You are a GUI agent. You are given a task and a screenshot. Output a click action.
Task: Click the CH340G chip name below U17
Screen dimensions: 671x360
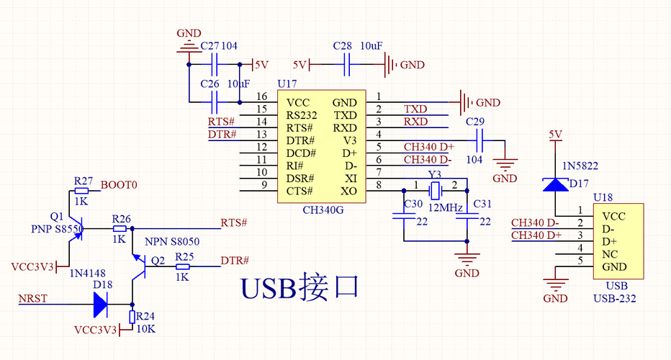[x=323, y=210]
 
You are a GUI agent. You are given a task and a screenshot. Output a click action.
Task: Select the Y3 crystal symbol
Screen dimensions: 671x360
[x=435, y=191]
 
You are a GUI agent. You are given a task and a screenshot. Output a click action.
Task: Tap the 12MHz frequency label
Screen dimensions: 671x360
[x=446, y=208]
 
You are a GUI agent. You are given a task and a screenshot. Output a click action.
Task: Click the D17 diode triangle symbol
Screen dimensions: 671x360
[x=556, y=184]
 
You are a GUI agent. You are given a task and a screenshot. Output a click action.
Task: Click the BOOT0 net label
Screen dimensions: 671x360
[x=119, y=185]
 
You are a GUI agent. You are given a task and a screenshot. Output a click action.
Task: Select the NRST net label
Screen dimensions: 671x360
[x=33, y=298]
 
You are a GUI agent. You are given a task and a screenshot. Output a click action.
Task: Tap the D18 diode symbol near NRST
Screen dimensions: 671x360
[x=100, y=305]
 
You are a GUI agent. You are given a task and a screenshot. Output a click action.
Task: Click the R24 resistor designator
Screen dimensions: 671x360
[x=145, y=316]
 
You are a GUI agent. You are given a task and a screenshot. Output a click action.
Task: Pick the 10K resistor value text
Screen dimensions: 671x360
[x=145, y=329]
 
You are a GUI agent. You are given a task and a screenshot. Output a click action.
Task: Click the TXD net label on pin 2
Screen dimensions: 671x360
[x=415, y=109]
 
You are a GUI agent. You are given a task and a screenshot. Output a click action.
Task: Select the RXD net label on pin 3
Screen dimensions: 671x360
[x=415, y=122]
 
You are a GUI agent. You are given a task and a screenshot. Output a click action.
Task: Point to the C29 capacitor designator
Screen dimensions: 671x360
[x=475, y=122]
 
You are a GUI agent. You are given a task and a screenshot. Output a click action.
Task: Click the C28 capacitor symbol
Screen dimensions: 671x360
[x=346, y=65]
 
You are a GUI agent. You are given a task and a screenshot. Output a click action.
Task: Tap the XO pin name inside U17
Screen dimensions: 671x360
[x=348, y=192]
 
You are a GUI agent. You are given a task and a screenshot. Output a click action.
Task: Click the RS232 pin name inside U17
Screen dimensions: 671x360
[x=302, y=116]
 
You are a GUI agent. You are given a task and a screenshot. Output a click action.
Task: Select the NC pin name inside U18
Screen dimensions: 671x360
[x=610, y=254]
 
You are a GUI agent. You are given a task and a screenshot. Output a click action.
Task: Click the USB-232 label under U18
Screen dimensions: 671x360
[x=615, y=298]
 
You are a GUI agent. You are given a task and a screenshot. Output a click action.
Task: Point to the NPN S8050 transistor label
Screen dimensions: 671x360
[x=172, y=242]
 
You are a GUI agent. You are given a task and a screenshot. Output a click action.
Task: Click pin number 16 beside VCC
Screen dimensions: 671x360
[x=261, y=96]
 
